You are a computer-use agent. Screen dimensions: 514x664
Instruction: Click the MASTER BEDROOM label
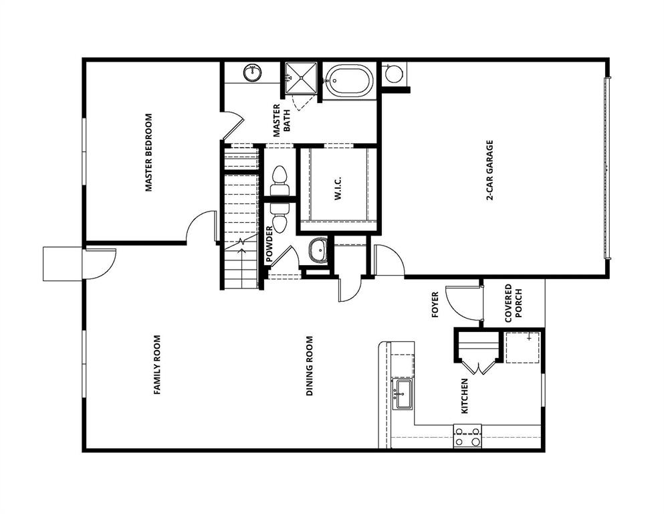tap(149, 153)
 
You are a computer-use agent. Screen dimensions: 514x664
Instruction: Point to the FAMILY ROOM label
tap(158, 365)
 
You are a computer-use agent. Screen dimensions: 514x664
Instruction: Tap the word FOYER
tap(435, 304)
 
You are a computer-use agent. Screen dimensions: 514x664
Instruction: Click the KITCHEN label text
tap(464, 395)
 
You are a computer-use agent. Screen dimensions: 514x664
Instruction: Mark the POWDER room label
tap(269, 243)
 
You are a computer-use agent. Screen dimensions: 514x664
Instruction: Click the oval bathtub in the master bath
tap(348, 81)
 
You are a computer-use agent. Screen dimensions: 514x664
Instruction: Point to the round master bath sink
tap(253, 72)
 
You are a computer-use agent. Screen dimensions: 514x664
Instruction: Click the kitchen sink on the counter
tap(402, 397)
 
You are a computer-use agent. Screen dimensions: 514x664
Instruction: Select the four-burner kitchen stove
tap(467, 436)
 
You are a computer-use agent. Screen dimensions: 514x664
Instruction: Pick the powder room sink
tap(317, 251)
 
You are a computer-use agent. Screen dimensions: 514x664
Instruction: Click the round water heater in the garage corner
tap(395, 73)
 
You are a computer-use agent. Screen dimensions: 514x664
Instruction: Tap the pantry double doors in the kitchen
tap(479, 367)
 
